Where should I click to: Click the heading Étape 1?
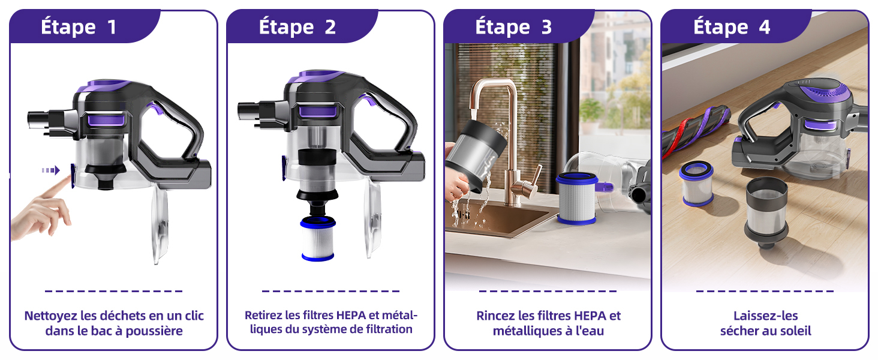click(x=79, y=28)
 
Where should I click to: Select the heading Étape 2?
click(x=297, y=28)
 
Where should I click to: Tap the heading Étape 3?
click(x=513, y=28)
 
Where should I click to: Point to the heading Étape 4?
click(x=732, y=28)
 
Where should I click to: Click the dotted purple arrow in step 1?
click(x=51, y=170)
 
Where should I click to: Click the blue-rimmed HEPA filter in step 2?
click(x=317, y=238)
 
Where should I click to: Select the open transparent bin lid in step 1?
click(x=160, y=224)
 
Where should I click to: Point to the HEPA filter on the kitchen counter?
click(x=576, y=198)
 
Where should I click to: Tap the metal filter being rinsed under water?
click(x=477, y=155)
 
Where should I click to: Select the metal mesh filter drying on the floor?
click(x=766, y=212)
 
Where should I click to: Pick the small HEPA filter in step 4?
click(x=696, y=184)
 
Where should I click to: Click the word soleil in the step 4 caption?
click(x=793, y=331)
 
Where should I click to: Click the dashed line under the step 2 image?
click(x=330, y=291)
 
